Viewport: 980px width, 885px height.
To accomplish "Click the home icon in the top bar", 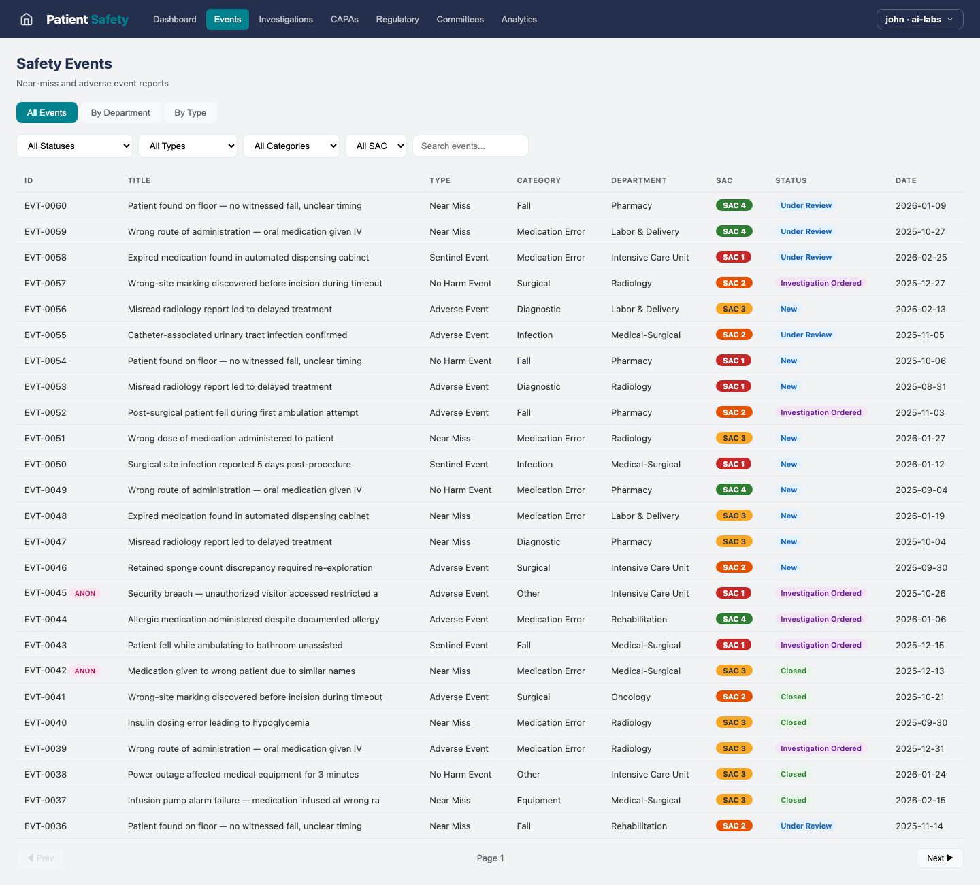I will pos(27,19).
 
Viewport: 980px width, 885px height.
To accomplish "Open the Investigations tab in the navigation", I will pos(286,19).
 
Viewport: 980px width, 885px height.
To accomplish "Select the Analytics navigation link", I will pos(519,19).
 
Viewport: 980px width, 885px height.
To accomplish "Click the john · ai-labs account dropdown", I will pos(919,19).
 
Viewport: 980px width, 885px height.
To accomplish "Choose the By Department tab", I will pos(120,113).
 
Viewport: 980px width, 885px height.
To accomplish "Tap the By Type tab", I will pos(190,113).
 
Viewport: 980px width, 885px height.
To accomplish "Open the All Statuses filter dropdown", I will pos(74,146).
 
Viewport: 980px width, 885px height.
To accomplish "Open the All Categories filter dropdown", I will pos(291,146).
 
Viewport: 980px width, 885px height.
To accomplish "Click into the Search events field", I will pos(470,146).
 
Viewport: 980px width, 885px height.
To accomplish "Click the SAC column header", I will pos(724,180).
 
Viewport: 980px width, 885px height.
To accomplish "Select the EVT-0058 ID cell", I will pos(46,257).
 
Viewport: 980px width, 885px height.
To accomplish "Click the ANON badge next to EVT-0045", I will pos(85,593).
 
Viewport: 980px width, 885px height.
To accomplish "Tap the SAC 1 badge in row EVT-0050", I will pos(734,464).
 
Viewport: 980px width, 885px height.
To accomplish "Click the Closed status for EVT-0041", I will pos(793,697).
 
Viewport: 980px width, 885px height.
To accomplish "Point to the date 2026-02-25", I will pos(921,257).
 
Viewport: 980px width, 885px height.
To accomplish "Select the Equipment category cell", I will pos(538,800).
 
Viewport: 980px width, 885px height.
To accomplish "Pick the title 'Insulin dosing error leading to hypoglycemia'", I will pos(218,722).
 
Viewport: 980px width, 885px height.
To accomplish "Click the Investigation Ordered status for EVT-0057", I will pos(820,283).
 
